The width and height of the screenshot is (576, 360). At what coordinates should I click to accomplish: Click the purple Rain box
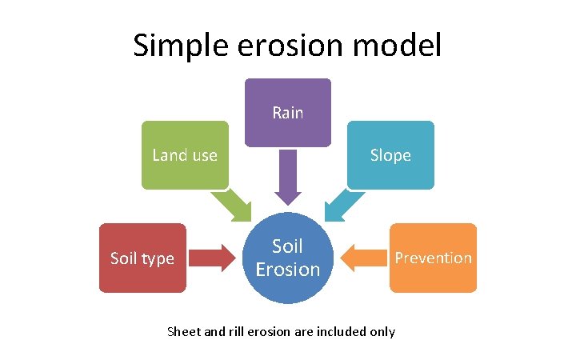(287, 113)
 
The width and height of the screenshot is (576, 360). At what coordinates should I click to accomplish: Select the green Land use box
(185, 155)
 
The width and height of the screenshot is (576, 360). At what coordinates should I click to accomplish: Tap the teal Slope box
(390, 155)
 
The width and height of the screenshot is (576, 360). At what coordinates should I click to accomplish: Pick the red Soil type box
(142, 258)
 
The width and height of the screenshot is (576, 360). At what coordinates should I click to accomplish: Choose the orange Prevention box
(433, 258)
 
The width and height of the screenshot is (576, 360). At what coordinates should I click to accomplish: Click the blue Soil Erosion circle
(287, 258)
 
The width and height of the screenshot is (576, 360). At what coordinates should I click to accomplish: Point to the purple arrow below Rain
(287, 178)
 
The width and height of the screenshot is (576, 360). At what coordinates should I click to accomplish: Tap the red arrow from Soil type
(210, 258)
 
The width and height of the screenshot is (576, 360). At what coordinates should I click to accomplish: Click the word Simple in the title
(178, 46)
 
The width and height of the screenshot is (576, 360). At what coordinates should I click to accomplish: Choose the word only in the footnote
(382, 331)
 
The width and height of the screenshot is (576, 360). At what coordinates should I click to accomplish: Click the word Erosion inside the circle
(287, 269)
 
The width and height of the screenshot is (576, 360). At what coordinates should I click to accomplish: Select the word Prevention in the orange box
(433, 258)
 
